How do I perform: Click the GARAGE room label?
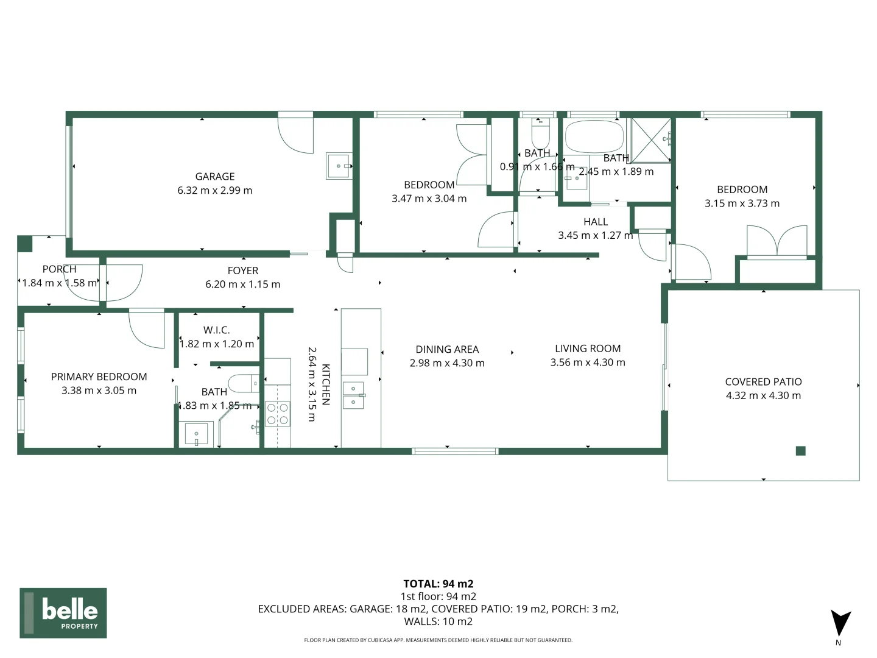coord(214,177)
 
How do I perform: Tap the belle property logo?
coord(63,612)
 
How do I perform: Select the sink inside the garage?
coord(339,166)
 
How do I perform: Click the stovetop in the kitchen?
coord(278,414)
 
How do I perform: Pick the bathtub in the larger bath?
coord(594,136)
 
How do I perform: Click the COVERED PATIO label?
coord(763,382)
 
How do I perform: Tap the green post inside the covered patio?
coord(801,451)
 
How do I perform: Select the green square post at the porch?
coord(24,244)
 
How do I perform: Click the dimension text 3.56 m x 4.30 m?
coord(588,363)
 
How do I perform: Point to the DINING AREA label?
coord(447,349)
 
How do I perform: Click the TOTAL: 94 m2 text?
coord(438,584)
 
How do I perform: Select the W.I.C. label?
coord(217,330)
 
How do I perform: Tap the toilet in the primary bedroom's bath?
coord(247,383)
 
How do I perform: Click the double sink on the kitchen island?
coord(353,395)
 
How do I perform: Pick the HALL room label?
coord(595,222)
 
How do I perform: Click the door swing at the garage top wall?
coord(296,134)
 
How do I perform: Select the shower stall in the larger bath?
coord(650,140)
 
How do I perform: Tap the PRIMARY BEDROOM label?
coord(99,377)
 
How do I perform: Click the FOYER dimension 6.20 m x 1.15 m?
coord(242,285)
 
